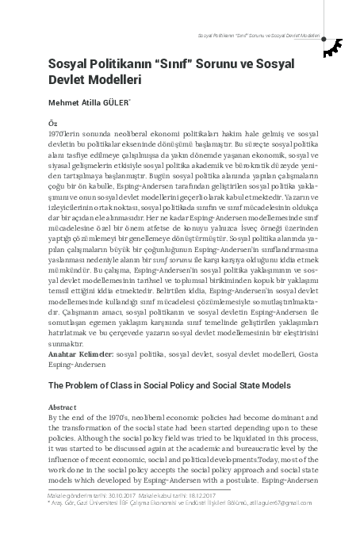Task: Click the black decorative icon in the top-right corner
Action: pos(336,48)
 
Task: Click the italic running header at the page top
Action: pos(262,37)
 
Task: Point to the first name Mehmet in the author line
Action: pos(63,101)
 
